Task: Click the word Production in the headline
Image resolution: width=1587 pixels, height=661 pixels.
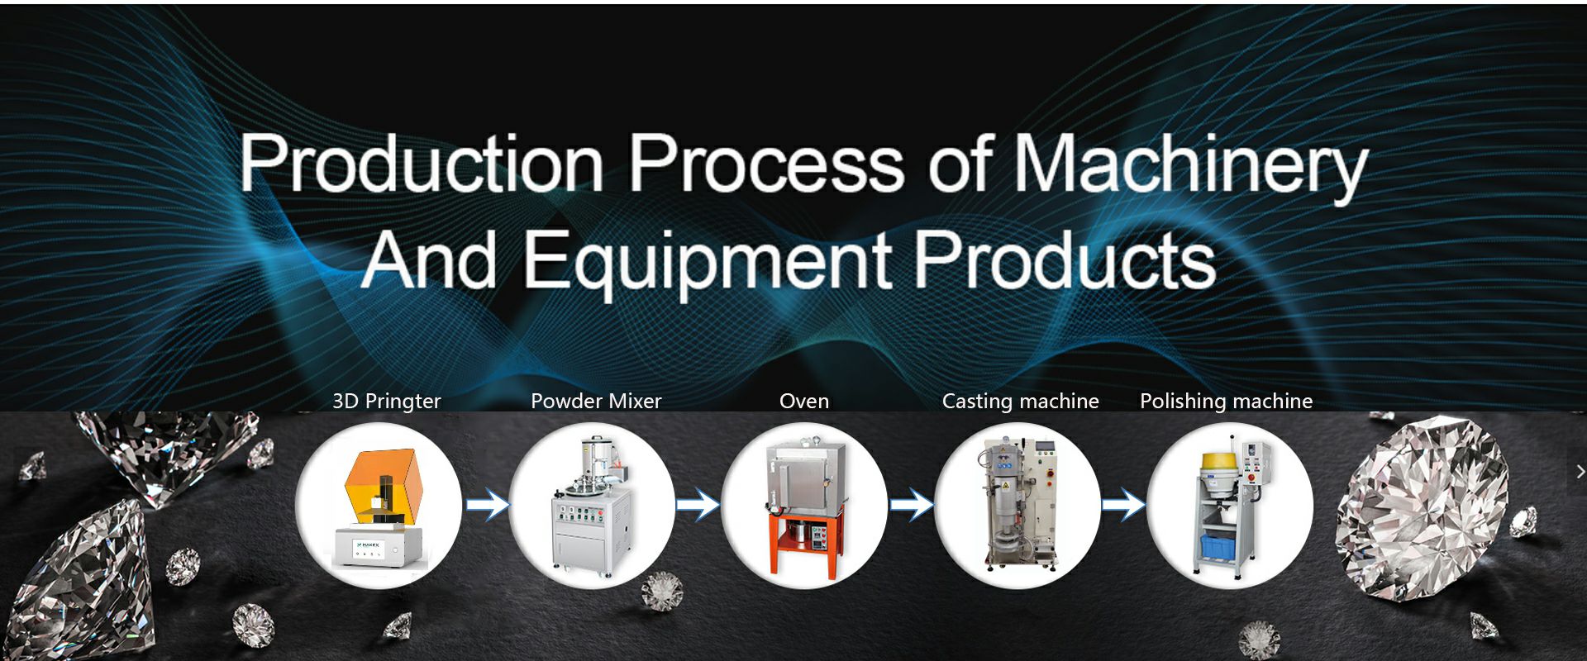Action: tap(422, 164)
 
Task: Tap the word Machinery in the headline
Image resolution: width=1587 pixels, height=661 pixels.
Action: tap(1191, 169)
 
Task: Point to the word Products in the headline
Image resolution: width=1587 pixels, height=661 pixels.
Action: tap(1065, 259)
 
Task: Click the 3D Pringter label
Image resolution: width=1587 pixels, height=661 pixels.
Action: tap(387, 402)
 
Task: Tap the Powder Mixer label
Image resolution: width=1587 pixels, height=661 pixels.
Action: tap(596, 401)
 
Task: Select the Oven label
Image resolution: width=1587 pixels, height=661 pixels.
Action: tap(804, 401)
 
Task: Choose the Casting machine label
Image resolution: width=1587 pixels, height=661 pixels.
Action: tap(1021, 402)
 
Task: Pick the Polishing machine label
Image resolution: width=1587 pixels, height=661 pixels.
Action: tap(1227, 402)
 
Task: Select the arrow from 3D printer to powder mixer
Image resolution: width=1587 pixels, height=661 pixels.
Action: tap(488, 505)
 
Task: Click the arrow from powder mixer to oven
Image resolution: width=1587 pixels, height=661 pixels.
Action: tap(698, 505)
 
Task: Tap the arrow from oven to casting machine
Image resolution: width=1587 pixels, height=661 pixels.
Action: tap(912, 505)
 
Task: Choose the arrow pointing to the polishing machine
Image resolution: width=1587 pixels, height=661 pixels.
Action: tap(1124, 505)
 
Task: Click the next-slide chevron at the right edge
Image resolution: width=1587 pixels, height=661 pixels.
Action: tap(1580, 472)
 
